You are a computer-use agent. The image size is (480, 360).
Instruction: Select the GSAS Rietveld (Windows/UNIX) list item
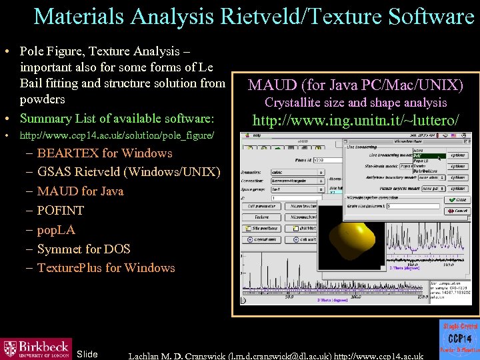[129, 172]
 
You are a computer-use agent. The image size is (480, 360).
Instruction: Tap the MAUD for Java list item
[80, 191]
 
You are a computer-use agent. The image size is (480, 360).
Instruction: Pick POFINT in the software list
[61, 211]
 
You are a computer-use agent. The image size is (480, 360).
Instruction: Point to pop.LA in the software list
[56, 230]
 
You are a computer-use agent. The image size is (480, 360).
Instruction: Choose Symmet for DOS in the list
[83, 249]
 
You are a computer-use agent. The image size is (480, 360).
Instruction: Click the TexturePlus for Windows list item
[106, 268]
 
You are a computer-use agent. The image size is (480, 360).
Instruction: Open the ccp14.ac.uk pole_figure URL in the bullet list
[117, 136]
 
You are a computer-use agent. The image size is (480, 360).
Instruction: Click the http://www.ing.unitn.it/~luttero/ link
[355, 121]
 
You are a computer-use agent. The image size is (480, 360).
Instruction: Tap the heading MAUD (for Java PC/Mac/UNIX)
[355, 85]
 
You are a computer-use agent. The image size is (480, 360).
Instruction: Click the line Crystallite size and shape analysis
[355, 103]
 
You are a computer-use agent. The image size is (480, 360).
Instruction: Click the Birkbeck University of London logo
[36, 348]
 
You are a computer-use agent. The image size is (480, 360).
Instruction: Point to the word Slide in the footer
[87, 354]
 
